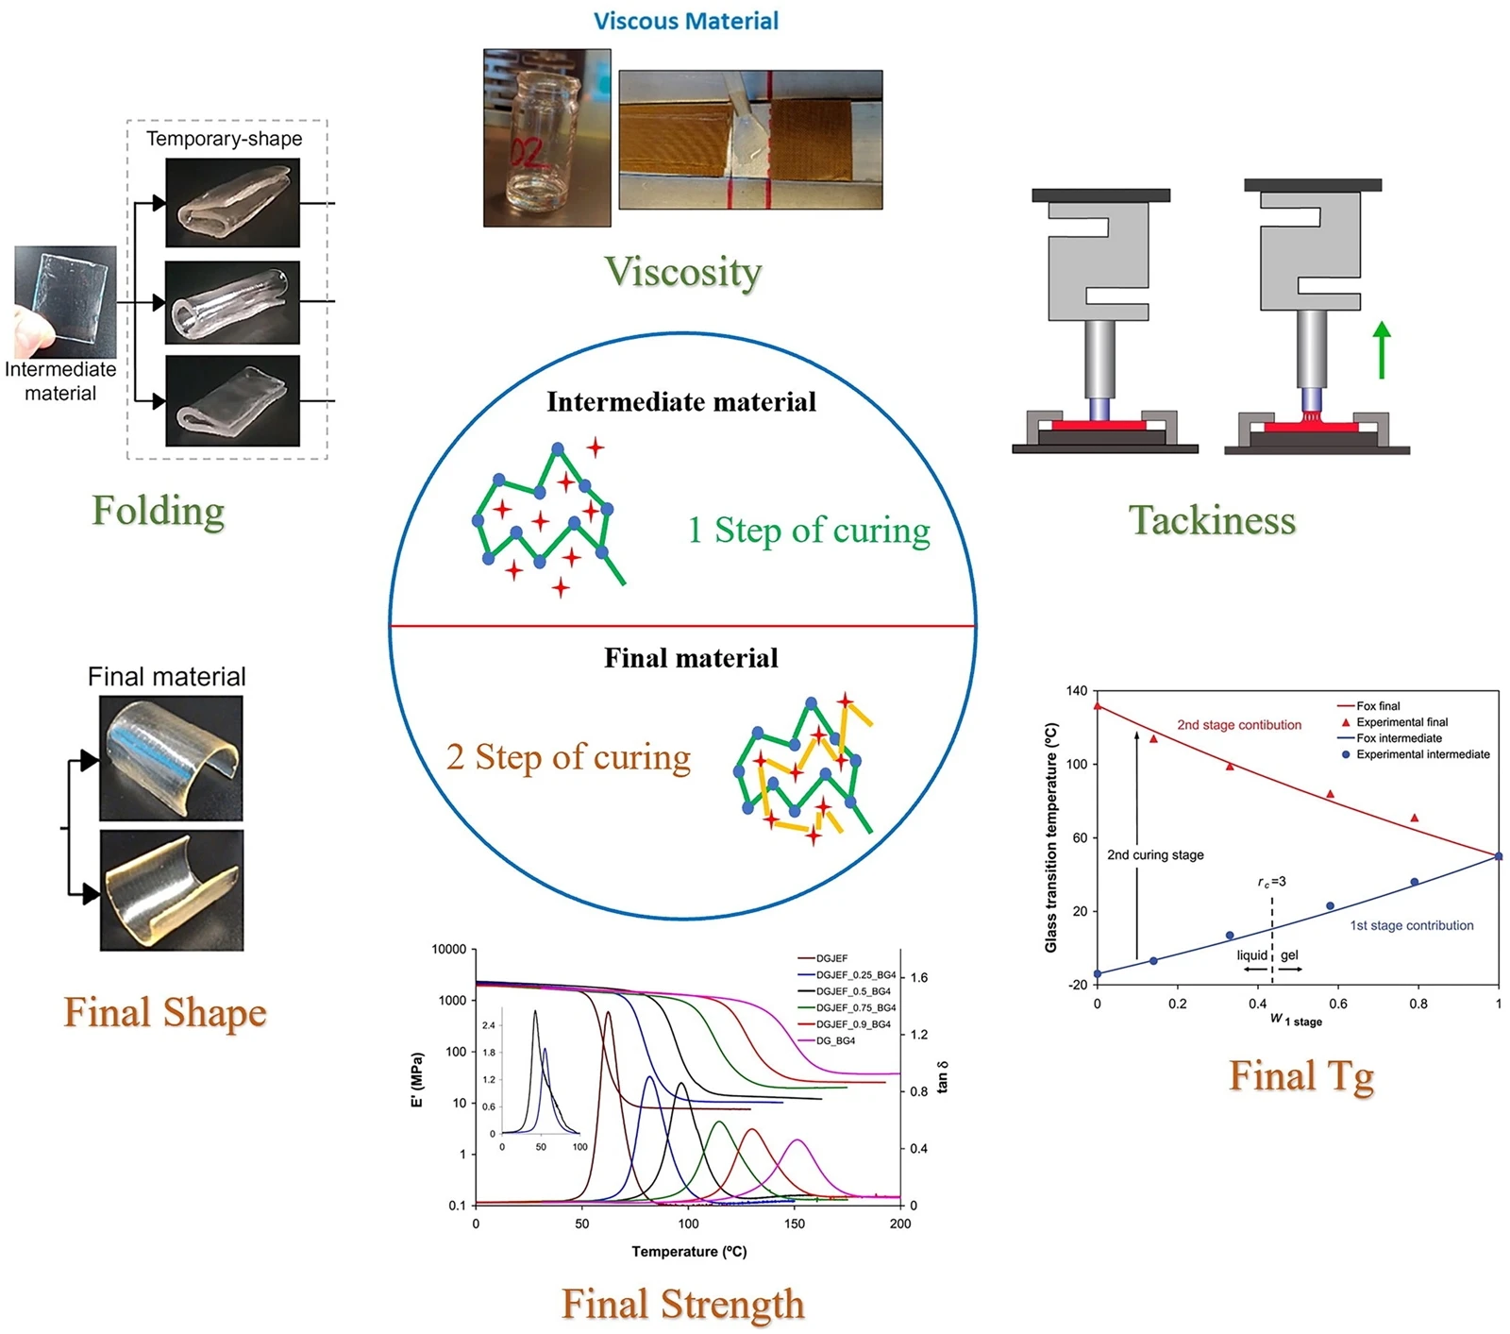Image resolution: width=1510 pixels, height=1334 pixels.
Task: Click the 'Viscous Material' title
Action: tap(686, 21)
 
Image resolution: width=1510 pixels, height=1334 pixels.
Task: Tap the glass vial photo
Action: tap(547, 138)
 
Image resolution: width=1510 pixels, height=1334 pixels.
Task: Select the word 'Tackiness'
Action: tap(1213, 520)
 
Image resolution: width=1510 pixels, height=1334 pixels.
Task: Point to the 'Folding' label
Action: tap(159, 511)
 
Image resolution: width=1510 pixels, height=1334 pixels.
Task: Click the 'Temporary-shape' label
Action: tap(225, 139)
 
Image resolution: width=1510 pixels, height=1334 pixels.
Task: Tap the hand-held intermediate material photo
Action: tap(65, 302)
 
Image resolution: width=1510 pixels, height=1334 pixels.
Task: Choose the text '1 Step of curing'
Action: tap(809, 531)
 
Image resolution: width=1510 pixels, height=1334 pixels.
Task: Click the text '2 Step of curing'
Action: tap(568, 757)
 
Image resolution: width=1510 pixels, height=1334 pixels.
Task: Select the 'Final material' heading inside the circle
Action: tap(691, 658)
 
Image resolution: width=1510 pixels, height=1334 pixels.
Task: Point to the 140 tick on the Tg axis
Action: tap(1076, 691)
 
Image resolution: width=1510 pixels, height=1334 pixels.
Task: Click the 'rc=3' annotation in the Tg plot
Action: tap(1271, 882)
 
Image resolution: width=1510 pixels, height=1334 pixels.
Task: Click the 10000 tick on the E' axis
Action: tap(448, 949)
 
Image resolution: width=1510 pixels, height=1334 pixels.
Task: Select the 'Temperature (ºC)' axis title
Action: tap(689, 1252)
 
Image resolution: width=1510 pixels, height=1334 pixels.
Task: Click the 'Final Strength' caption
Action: tap(683, 1304)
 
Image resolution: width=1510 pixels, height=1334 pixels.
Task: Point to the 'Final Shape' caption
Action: tap(165, 1013)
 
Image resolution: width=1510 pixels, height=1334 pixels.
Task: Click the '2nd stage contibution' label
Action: tap(1239, 725)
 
